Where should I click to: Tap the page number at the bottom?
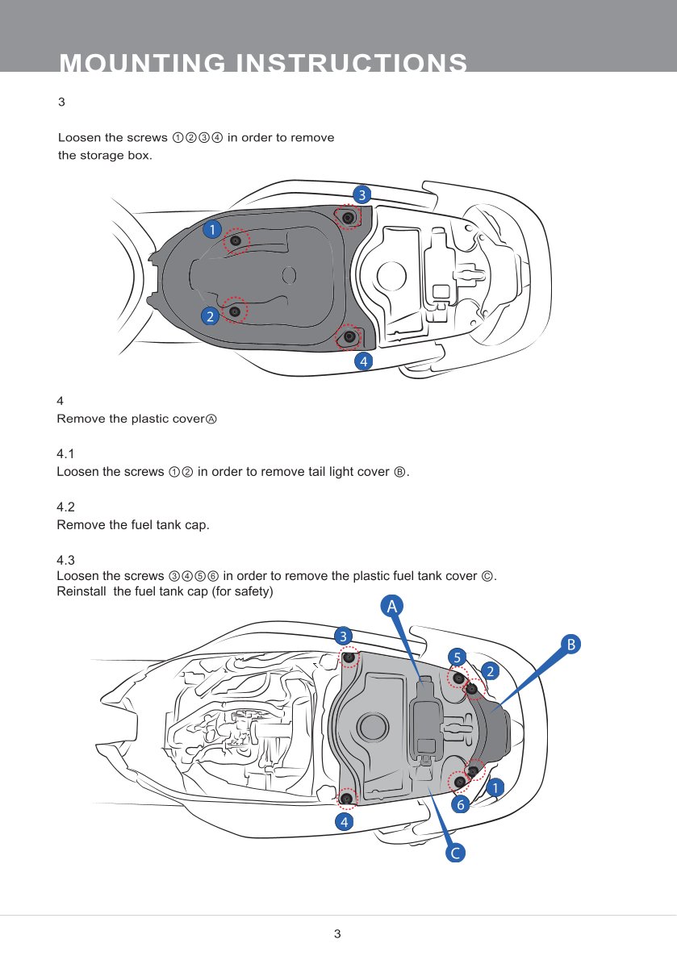pyautogui.click(x=338, y=934)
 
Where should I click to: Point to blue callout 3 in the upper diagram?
pyautogui.click(x=362, y=194)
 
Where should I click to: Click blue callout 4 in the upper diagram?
pyautogui.click(x=365, y=361)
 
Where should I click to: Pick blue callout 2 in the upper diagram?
pyautogui.click(x=210, y=316)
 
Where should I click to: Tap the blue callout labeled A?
pyautogui.click(x=391, y=606)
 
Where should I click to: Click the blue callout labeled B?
pyautogui.click(x=571, y=644)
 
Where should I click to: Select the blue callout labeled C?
pyautogui.click(x=456, y=853)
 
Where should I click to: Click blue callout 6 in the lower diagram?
pyautogui.click(x=460, y=804)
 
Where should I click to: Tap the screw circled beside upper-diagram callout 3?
pyautogui.click(x=348, y=218)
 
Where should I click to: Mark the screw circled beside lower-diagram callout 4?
pyautogui.click(x=347, y=799)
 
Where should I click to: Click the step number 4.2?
pyautogui.click(x=65, y=507)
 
